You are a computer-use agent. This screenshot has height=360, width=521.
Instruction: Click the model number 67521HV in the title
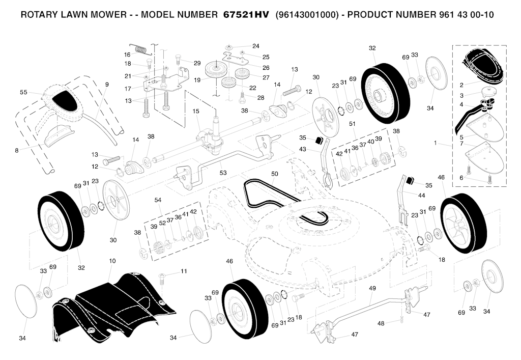coord(246,15)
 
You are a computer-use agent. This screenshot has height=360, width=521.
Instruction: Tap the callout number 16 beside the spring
coord(127,54)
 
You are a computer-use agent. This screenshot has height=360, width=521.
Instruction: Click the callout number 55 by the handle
coord(23,92)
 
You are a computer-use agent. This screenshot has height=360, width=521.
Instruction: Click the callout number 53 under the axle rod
coord(223,173)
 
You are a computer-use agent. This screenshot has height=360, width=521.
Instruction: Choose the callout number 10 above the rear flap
coord(112,261)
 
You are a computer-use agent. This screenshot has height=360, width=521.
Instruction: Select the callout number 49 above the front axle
coord(372,288)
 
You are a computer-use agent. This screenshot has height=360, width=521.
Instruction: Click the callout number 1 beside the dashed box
coord(435,143)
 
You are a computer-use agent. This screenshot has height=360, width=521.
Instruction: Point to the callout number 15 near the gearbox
coord(196,111)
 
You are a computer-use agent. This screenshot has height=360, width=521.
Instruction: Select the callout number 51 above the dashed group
coord(352,124)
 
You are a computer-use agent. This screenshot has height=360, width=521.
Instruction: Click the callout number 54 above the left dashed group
coord(158,200)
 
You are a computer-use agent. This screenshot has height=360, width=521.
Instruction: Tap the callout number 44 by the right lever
coord(421,196)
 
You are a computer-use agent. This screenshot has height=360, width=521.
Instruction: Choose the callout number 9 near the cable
coord(107,85)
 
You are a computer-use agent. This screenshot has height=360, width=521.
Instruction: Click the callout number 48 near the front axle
coord(381,323)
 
